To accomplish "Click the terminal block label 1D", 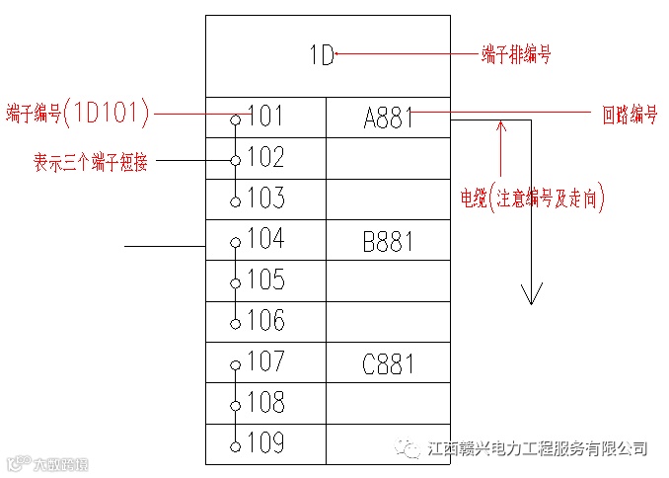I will [323, 55].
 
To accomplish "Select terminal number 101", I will [265, 117].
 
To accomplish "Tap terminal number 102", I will [265, 158].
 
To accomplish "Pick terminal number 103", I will [265, 199].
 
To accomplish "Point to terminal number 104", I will [265, 240].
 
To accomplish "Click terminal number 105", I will [265, 281].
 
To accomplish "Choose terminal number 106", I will [265, 322].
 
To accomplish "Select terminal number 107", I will [265, 362].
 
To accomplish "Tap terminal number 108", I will [265, 404].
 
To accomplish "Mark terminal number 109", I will [265, 444].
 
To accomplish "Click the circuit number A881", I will [389, 119].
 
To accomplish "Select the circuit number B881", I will [389, 242].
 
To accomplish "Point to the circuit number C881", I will [389, 365].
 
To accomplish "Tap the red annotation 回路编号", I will [630, 115].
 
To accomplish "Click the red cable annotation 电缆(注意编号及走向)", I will [533, 198].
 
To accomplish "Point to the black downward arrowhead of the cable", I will [532, 293].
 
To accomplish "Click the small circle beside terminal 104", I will [235, 242].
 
